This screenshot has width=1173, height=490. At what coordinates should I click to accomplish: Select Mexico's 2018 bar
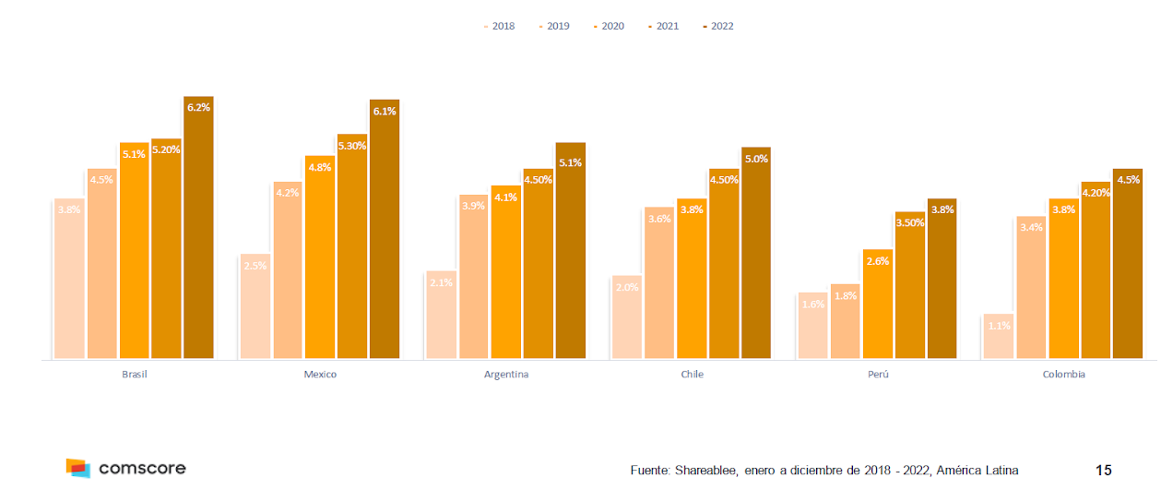(255, 306)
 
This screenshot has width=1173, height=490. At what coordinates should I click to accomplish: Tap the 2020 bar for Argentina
(505, 272)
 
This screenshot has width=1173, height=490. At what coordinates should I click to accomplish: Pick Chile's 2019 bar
(659, 282)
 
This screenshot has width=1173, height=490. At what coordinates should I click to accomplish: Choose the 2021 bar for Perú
(909, 285)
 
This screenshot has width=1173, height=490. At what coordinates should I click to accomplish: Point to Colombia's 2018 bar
(999, 336)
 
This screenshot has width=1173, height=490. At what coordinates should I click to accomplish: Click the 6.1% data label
(385, 112)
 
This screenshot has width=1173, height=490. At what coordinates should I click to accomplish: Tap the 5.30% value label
(351, 146)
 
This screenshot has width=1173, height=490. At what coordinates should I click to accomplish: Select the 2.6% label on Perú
(878, 261)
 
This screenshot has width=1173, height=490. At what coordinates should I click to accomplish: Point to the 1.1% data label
(999, 326)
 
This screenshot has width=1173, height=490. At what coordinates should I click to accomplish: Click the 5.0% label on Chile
(756, 159)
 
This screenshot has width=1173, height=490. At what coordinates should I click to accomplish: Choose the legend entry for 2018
(499, 26)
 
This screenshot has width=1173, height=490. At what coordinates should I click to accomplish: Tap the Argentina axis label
(506, 375)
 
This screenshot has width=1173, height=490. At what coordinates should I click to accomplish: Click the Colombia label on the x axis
(1063, 375)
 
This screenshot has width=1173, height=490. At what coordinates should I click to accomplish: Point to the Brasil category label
(134, 375)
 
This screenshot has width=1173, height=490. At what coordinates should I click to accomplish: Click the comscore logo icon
(78, 468)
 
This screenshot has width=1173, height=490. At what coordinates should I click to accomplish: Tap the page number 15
(1103, 471)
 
